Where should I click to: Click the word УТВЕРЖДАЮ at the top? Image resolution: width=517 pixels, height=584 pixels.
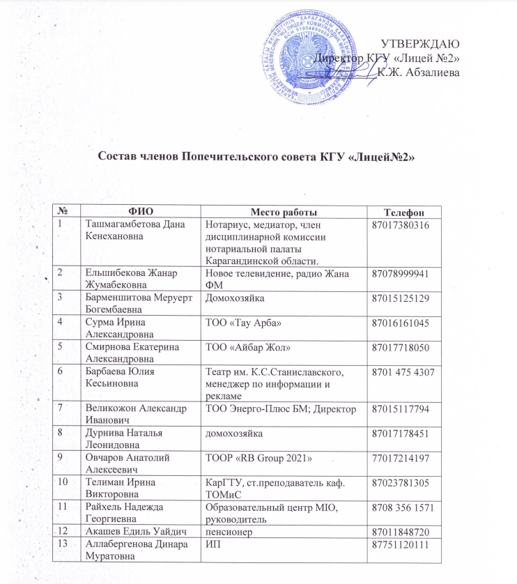pyautogui.click(x=422, y=43)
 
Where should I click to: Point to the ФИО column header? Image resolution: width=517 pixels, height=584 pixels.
pyautogui.click(x=141, y=211)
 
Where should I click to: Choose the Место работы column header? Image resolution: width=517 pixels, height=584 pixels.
pyautogui.click(x=283, y=211)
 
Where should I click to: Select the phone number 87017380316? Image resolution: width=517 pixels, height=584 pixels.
pyautogui.click(x=403, y=225)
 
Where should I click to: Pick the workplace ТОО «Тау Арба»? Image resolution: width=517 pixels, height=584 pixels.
pyautogui.click(x=242, y=325)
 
